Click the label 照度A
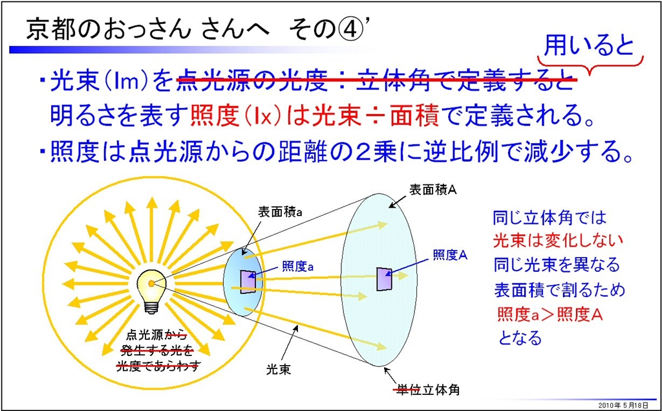451,254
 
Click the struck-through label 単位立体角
427,390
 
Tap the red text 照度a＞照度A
550,315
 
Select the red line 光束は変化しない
558,241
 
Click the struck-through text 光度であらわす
158,366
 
